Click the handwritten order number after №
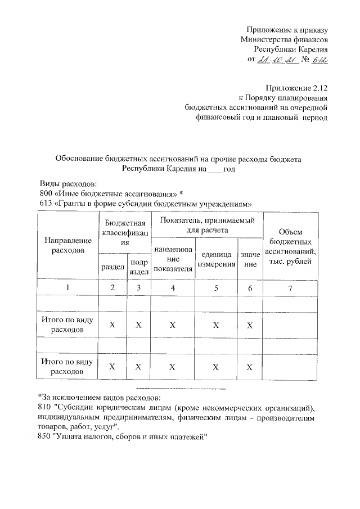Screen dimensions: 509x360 click(x=318, y=61)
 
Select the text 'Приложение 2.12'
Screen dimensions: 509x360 click(x=297, y=88)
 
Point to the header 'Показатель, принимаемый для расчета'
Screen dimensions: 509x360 click(x=207, y=224)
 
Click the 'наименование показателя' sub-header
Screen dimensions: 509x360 click(x=173, y=259)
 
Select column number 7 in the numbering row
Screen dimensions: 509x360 click(x=290, y=288)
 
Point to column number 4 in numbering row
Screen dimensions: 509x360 click(x=173, y=288)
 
